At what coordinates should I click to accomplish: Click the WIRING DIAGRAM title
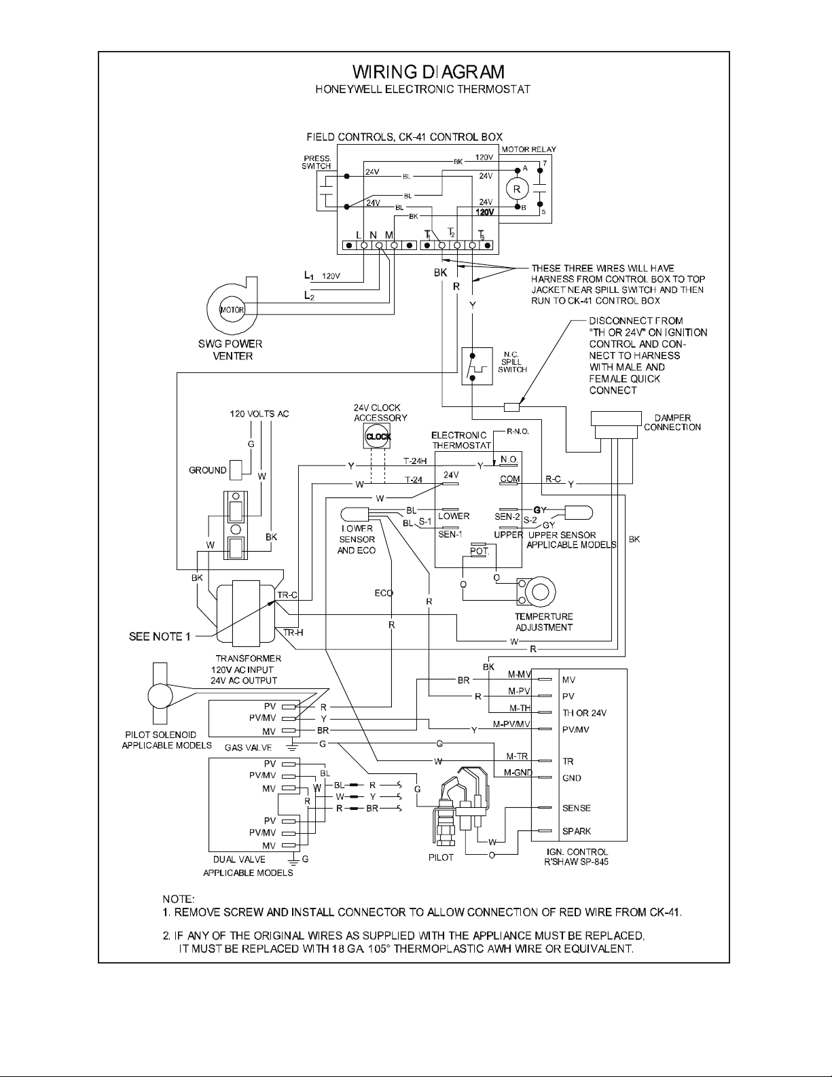[429, 72]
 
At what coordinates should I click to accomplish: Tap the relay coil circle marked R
[517, 189]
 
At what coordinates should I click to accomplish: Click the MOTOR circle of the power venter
[232, 310]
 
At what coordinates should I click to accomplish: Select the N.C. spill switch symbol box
[477, 366]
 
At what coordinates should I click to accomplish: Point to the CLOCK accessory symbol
[378, 437]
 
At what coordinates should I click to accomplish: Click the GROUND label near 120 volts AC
[208, 470]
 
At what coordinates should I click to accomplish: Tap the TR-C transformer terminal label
[287, 595]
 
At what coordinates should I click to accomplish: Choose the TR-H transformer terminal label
[293, 633]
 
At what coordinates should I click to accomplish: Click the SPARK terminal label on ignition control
[577, 831]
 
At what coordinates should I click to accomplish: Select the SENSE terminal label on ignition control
[577, 809]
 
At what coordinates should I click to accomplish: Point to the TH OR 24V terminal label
[584, 713]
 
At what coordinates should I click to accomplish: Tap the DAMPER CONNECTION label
[672, 423]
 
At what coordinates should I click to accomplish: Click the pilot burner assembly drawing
[460, 807]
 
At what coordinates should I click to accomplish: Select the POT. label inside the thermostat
[480, 551]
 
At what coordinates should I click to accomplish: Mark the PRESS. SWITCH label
[316, 162]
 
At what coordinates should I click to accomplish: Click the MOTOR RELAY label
[529, 149]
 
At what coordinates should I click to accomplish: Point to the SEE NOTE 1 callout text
[160, 637]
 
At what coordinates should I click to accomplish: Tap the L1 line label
[309, 276]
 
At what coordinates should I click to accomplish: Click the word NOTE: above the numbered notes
[178, 899]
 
